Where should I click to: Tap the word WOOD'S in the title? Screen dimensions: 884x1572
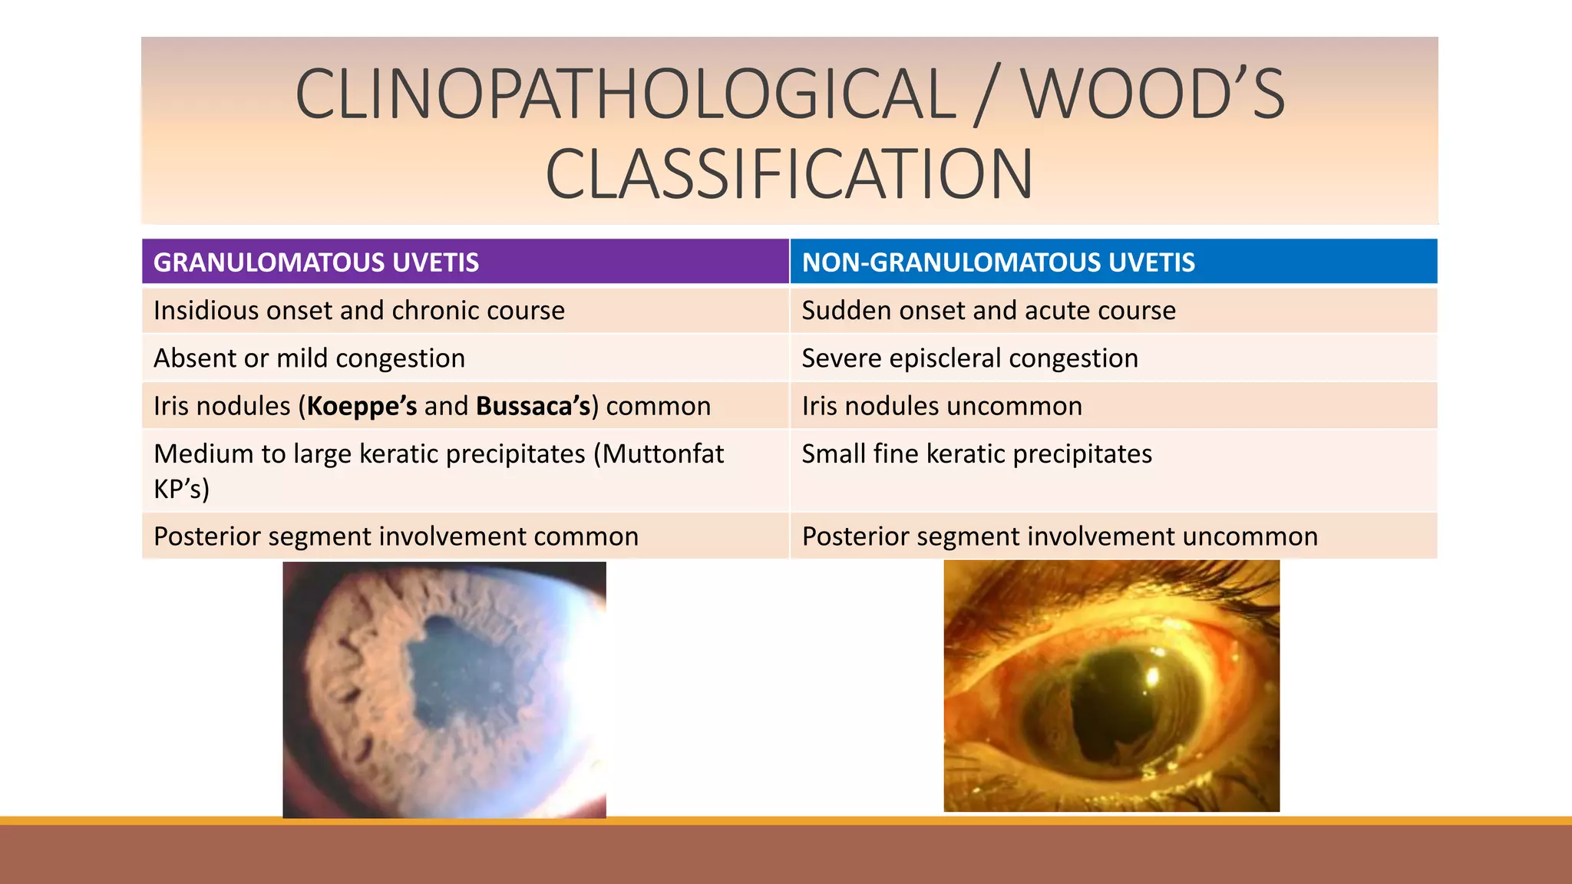1152,94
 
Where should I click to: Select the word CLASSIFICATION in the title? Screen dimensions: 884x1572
789,174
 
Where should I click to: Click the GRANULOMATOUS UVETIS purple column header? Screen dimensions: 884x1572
315,262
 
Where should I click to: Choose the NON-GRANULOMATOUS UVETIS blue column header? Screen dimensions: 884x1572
998,262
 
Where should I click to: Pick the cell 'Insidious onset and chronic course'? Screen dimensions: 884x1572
359,311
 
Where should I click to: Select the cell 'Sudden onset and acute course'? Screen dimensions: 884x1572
989,311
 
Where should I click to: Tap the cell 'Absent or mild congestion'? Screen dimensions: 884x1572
309,358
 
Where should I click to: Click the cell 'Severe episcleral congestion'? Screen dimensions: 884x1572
969,358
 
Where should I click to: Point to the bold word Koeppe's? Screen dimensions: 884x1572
362,406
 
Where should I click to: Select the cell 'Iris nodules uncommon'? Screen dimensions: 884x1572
942,406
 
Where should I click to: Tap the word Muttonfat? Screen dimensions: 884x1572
662,454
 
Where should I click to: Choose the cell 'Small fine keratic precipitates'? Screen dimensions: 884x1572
976,454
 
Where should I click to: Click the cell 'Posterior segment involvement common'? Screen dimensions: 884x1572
396,536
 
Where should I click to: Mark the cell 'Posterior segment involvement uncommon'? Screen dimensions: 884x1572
1059,536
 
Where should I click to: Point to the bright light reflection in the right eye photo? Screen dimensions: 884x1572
1151,675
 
